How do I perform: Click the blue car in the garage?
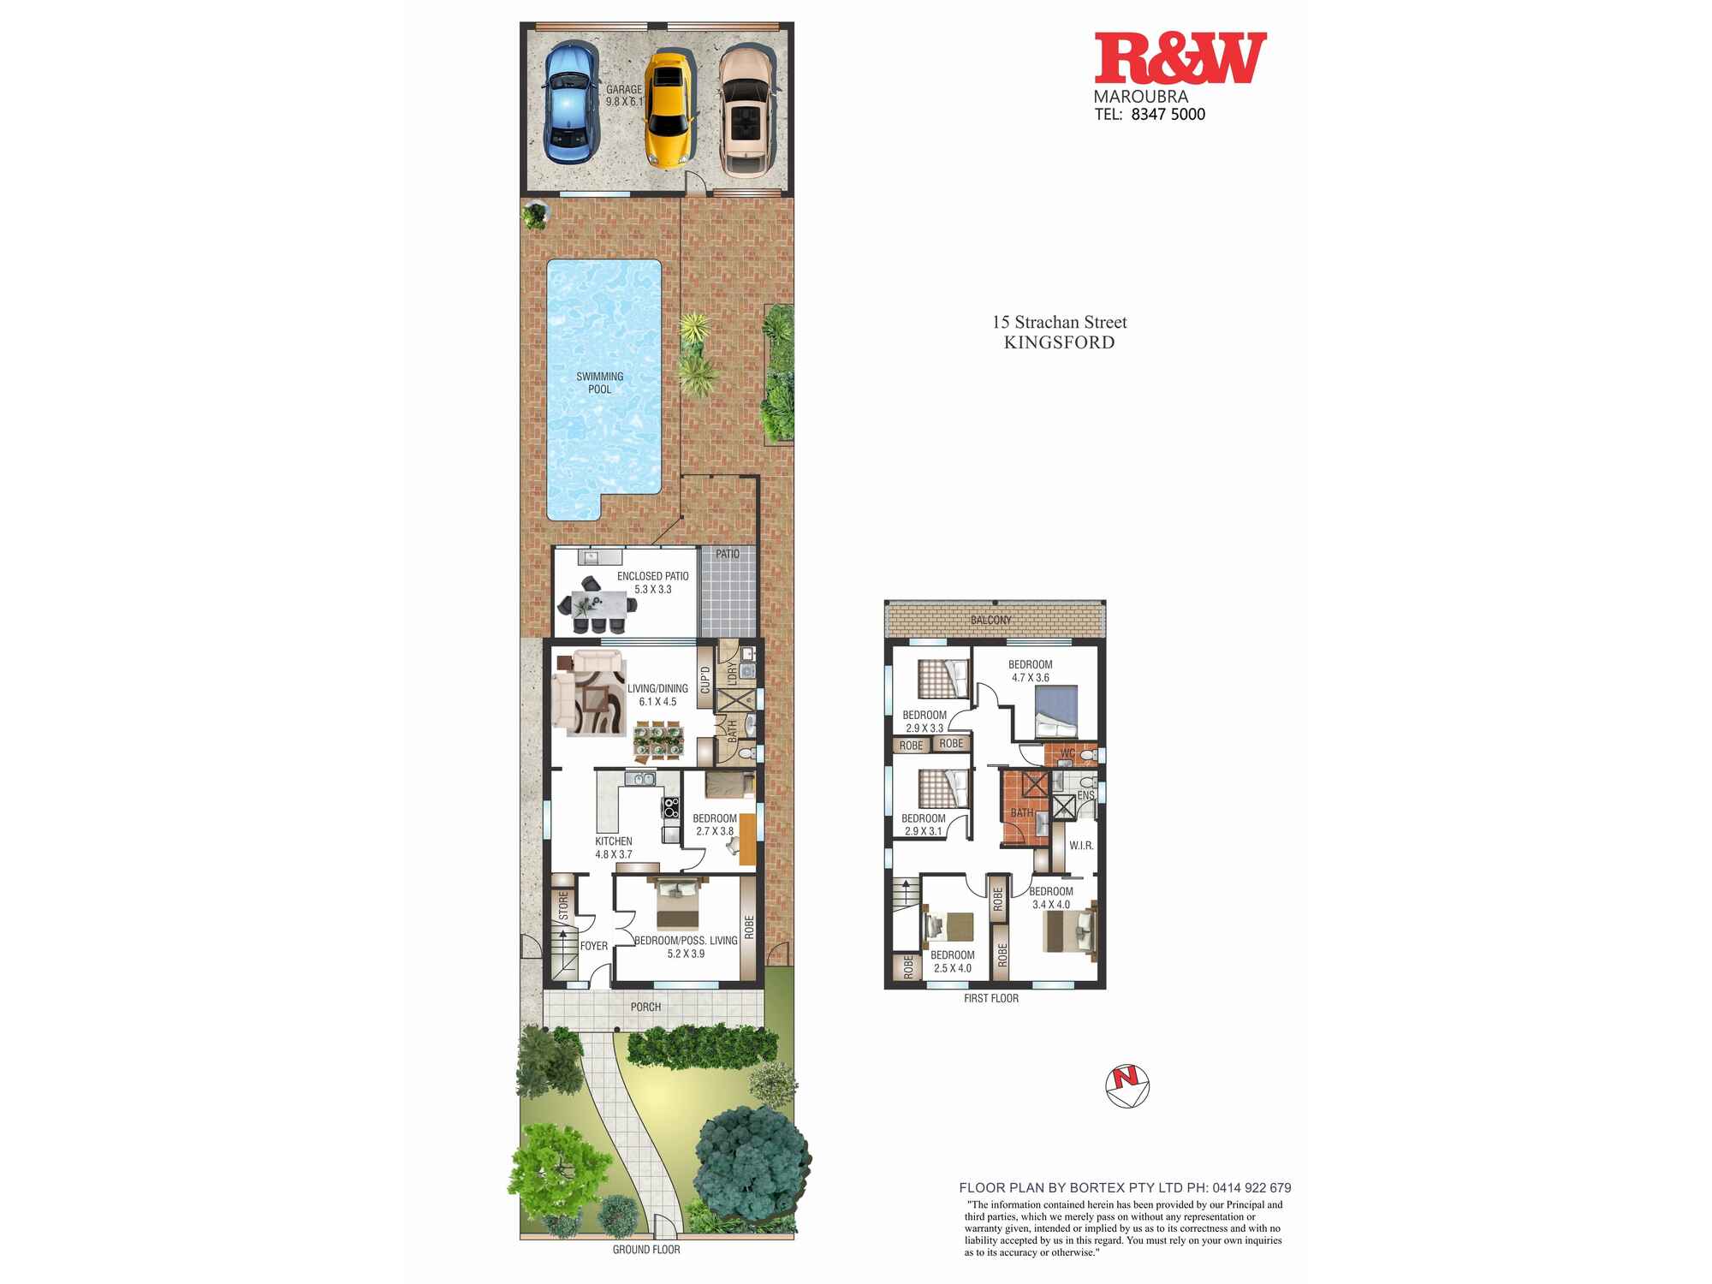point(571,104)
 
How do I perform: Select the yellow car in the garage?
point(668,110)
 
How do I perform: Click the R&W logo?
point(1180,58)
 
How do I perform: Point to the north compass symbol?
point(1127,1087)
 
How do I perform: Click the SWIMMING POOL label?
point(599,383)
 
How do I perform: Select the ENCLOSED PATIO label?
point(652,576)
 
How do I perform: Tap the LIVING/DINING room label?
point(657,688)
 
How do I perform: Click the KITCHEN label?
point(614,841)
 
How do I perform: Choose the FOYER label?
point(594,946)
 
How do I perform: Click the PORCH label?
point(645,1007)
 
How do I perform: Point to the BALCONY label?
point(991,620)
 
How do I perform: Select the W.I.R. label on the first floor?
point(1081,846)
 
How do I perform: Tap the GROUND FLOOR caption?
point(646,1250)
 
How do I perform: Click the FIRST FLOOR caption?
point(991,998)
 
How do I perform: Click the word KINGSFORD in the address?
point(1059,342)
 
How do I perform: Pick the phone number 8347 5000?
point(1168,115)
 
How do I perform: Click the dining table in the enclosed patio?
point(597,603)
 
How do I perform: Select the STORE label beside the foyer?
point(563,907)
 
